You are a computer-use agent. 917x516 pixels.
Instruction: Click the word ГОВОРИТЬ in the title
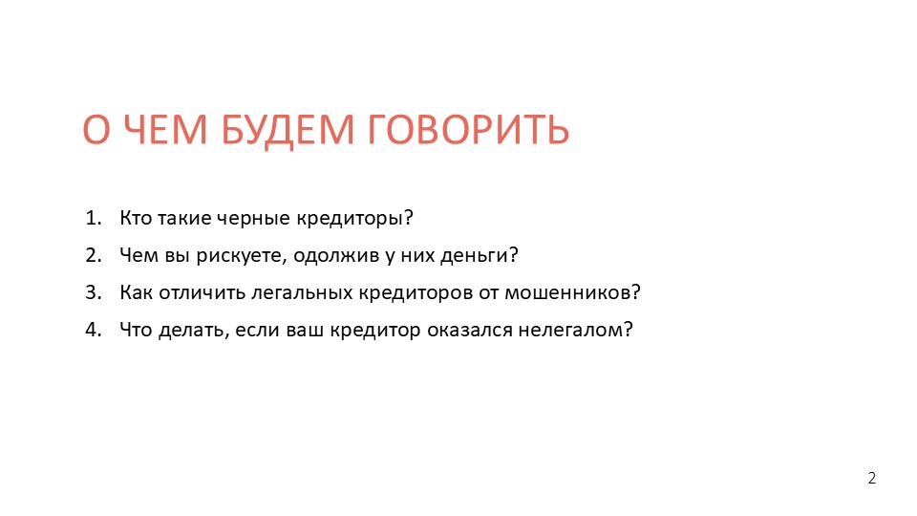(x=468, y=129)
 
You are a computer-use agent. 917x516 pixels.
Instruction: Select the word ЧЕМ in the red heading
(x=166, y=129)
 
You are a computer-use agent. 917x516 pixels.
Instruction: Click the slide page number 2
(x=872, y=478)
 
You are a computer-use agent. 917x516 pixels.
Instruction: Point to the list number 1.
(x=93, y=218)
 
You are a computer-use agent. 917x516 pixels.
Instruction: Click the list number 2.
(x=93, y=255)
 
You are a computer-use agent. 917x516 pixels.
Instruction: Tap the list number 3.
(x=93, y=292)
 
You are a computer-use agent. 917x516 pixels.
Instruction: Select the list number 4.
(x=93, y=330)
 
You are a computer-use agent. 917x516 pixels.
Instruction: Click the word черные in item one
(x=253, y=219)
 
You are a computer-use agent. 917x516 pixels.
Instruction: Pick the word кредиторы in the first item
(x=350, y=219)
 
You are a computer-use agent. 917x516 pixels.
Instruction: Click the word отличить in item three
(x=202, y=292)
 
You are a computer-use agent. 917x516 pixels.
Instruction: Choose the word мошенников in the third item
(x=566, y=292)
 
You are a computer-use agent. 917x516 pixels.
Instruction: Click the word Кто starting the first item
(x=136, y=218)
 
